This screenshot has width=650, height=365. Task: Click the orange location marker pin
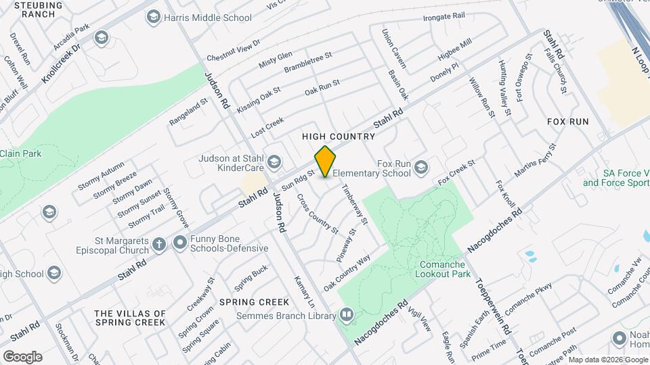[326, 162]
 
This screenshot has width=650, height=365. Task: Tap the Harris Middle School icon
[154, 16]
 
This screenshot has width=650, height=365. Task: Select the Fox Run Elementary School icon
[421, 167]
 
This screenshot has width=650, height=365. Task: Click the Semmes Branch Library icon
[346, 315]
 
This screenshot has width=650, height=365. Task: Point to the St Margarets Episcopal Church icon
[158, 244]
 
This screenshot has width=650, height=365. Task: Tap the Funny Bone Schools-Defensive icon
[180, 242]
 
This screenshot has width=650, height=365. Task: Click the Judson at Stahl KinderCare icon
[274, 161]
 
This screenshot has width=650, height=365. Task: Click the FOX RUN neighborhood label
[567, 122]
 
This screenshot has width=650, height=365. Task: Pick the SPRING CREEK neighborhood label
[245, 301]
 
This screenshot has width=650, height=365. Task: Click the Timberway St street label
[354, 204]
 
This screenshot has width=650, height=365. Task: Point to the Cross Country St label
[318, 214]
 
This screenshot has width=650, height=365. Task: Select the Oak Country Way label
[347, 273]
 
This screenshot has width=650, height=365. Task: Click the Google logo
[22, 357]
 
